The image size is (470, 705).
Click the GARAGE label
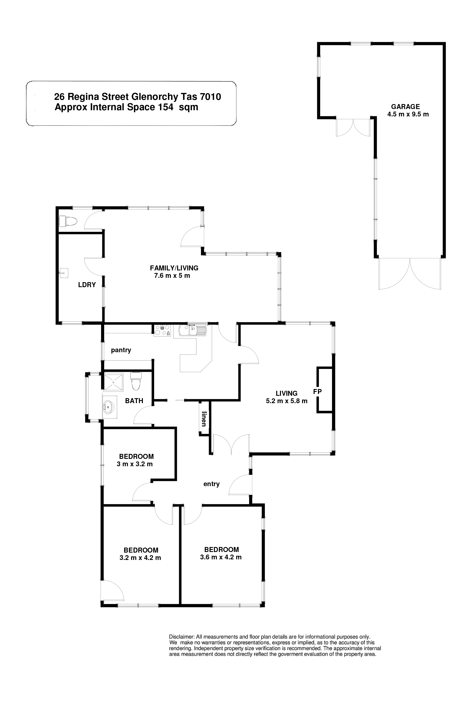click(405, 106)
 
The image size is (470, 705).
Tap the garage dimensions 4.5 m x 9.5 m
click(408, 114)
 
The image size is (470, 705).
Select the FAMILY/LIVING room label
click(174, 268)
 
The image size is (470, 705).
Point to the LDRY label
click(87, 285)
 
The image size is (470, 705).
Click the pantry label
click(121, 350)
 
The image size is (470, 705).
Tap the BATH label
click(134, 401)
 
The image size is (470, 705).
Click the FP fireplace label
click(317, 391)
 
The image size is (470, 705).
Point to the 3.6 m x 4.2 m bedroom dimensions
click(221, 557)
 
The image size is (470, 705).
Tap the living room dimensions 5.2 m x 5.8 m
click(287, 401)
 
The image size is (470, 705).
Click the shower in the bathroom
click(113, 382)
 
